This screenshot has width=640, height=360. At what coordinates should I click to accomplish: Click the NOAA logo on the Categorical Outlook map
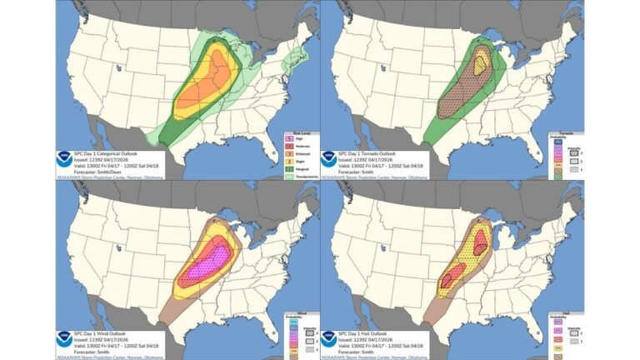[x=65, y=158]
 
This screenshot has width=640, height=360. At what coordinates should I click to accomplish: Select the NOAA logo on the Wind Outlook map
[x=65, y=337]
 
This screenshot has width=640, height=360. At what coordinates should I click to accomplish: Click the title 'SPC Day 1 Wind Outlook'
[x=103, y=331]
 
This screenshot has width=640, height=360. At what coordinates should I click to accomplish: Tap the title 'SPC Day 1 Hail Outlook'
[x=367, y=331]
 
